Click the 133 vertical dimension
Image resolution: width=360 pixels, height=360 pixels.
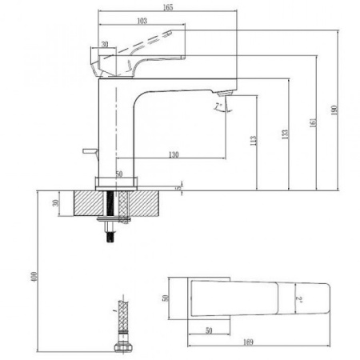(285, 134)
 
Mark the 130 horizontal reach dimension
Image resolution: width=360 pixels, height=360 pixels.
(174, 154)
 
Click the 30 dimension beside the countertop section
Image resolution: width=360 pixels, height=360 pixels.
(55, 203)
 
